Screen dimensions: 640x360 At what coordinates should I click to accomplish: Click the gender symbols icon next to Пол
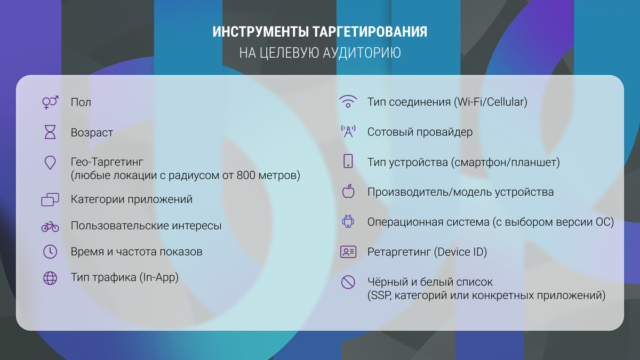(50, 102)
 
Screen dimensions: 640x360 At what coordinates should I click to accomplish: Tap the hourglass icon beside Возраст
(50, 132)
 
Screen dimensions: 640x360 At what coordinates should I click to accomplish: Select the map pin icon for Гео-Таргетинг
(50, 163)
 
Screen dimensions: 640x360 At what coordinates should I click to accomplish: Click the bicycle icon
(50, 227)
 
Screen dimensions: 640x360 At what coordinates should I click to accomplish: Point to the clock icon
(50, 252)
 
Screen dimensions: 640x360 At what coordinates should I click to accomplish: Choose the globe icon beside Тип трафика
(50, 278)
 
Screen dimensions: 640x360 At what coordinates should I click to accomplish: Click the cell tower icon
(348, 132)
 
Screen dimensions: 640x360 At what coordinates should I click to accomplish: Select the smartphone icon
(348, 161)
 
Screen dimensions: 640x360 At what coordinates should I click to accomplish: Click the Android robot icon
(348, 221)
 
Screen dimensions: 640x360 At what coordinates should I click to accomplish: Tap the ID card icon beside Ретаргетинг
(348, 252)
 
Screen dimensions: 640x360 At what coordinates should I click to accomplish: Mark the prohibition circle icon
(348, 282)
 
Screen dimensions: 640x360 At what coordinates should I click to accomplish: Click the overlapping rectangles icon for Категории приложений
(50, 199)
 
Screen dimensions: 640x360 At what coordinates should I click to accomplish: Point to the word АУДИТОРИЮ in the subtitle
(362, 53)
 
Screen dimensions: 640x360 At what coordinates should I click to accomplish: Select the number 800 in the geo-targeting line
(246, 175)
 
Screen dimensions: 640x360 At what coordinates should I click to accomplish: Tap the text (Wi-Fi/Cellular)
(491, 102)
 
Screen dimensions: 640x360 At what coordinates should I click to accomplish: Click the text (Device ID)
(460, 252)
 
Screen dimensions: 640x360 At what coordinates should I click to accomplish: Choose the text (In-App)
(159, 277)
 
